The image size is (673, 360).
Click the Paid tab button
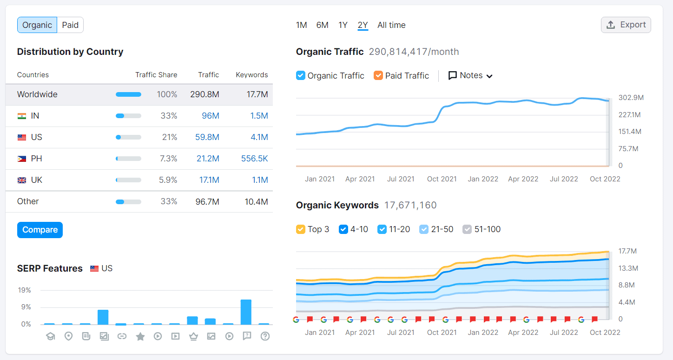tap(70, 25)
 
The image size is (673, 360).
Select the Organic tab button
tap(37, 25)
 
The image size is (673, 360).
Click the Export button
tap(626, 25)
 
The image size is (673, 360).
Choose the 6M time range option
tap(322, 25)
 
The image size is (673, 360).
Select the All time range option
tap(391, 25)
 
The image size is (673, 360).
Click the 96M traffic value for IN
tap(210, 116)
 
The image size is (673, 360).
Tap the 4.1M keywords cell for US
tap(258, 137)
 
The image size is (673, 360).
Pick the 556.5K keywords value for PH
tap(254, 159)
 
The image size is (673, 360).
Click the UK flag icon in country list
tap(22, 180)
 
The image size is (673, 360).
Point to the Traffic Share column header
tap(156, 75)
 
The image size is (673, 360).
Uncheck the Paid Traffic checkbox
tap(378, 75)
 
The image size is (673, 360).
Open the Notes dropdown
tap(470, 75)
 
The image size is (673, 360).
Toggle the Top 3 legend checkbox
tap(301, 229)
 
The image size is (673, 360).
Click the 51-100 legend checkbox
tap(467, 229)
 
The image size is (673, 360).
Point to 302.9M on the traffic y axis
tap(631, 98)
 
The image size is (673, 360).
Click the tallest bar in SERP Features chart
tap(246, 312)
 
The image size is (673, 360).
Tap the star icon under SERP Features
tap(140, 336)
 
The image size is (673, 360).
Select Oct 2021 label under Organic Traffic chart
tap(442, 179)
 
